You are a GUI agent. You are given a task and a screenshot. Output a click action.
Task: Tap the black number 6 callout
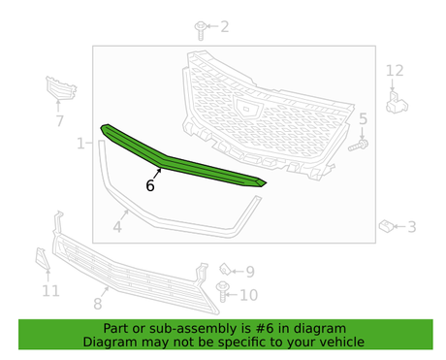coord(150,185)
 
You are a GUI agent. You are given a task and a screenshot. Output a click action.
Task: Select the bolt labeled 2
coord(201,30)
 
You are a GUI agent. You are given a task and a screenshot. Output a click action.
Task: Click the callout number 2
coord(225,26)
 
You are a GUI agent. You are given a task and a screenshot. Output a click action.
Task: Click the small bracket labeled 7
coord(60,88)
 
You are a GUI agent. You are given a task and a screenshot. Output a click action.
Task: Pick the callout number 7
coord(59,121)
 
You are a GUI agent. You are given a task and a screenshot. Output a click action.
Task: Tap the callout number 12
coord(395,71)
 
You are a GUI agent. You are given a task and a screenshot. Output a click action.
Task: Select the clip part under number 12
coord(397,103)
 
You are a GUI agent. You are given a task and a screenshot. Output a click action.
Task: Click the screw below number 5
coord(359,146)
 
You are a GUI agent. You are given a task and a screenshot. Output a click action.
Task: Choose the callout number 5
coord(363,118)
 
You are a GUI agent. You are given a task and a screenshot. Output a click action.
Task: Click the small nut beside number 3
coord(386,226)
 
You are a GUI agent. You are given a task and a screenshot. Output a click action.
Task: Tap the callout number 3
coord(412,227)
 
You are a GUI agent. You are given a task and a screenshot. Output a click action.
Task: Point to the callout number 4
coord(117,227)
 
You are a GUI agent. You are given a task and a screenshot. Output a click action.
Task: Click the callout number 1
coord(80,144)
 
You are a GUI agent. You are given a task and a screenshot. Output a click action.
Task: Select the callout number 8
coord(98,304)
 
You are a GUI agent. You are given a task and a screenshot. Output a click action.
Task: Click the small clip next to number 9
coord(225,270)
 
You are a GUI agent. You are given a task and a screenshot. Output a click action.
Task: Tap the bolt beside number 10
coord(222,292)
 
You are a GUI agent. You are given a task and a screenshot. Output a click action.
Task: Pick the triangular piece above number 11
coord(42,258)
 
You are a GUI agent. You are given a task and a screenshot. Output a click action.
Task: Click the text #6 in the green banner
coord(265,328)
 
